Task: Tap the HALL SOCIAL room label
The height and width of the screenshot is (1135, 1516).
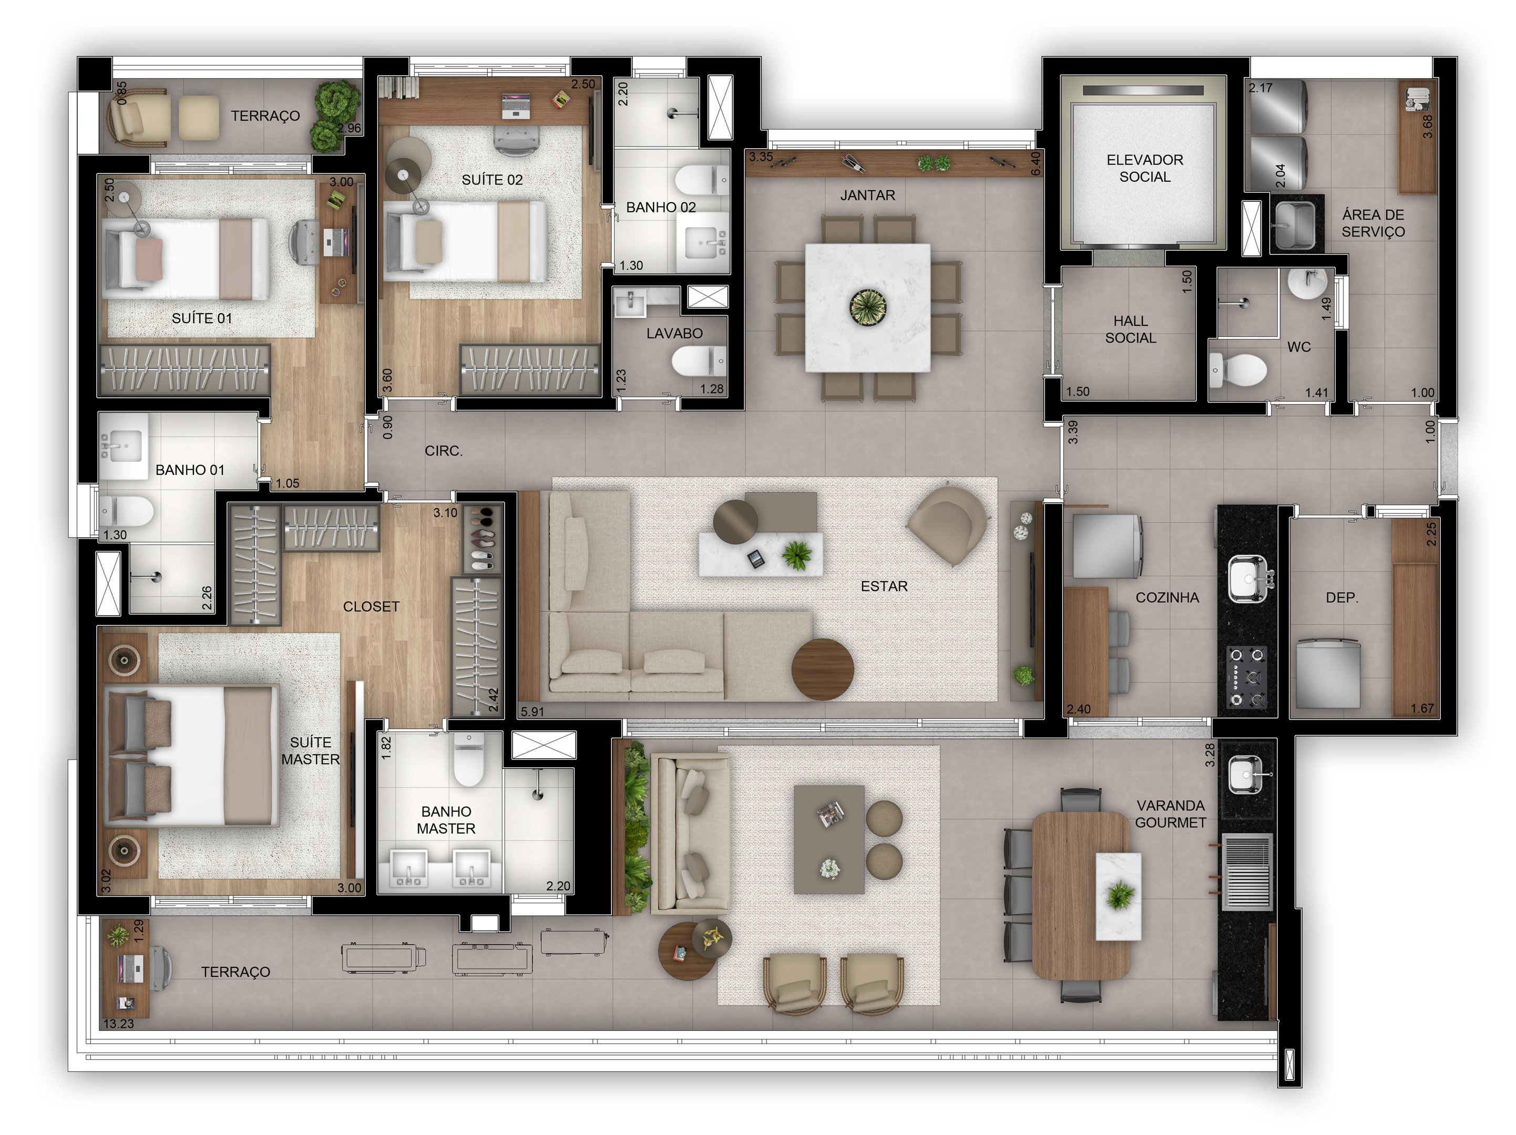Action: point(1130,329)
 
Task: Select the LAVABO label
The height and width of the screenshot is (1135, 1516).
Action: point(674,334)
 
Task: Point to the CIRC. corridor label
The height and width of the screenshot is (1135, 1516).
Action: point(444,451)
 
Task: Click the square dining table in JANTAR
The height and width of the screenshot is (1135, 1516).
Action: point(868,307)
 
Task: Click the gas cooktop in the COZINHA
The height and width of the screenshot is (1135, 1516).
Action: point(1247,677)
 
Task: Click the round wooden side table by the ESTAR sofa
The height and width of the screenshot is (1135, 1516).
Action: point(823,669)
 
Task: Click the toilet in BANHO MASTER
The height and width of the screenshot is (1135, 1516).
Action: point(469,760)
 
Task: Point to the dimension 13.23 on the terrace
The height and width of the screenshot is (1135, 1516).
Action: point(119,1024)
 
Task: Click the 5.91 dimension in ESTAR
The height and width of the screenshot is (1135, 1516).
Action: point(532,711)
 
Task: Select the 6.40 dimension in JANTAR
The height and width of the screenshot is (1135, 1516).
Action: point(1035,163)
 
